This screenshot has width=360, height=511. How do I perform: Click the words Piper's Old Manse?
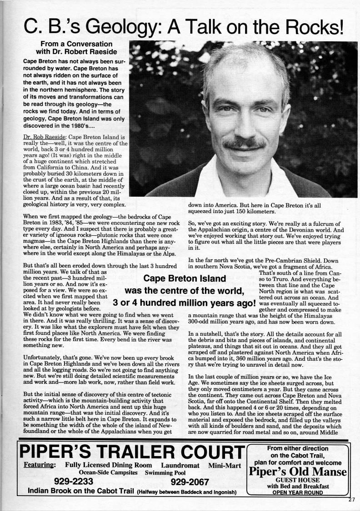[298, 471]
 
